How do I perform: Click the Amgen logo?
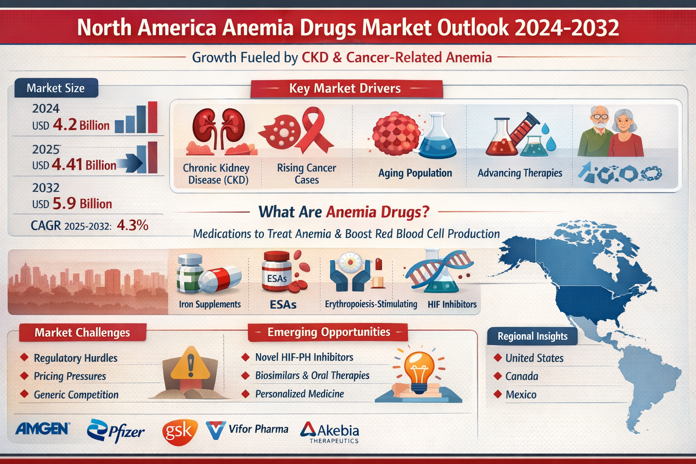pos(43,428)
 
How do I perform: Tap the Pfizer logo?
pos(116,430)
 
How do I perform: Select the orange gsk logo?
pos(179,431)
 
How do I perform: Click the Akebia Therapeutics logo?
pos(330,432)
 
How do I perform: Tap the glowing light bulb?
pos(419,369)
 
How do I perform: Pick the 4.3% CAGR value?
pos(132,225)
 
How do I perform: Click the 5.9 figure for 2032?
pos(64,204)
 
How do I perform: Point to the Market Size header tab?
pos(56,88)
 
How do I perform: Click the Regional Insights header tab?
pos(532,336)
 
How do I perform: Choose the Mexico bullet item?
pos(521,395)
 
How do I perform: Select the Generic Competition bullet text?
pos(76,395)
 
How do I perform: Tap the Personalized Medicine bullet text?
pos(300,394)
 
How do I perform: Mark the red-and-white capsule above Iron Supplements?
pos(220,278)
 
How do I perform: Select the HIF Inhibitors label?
pos(452,304)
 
